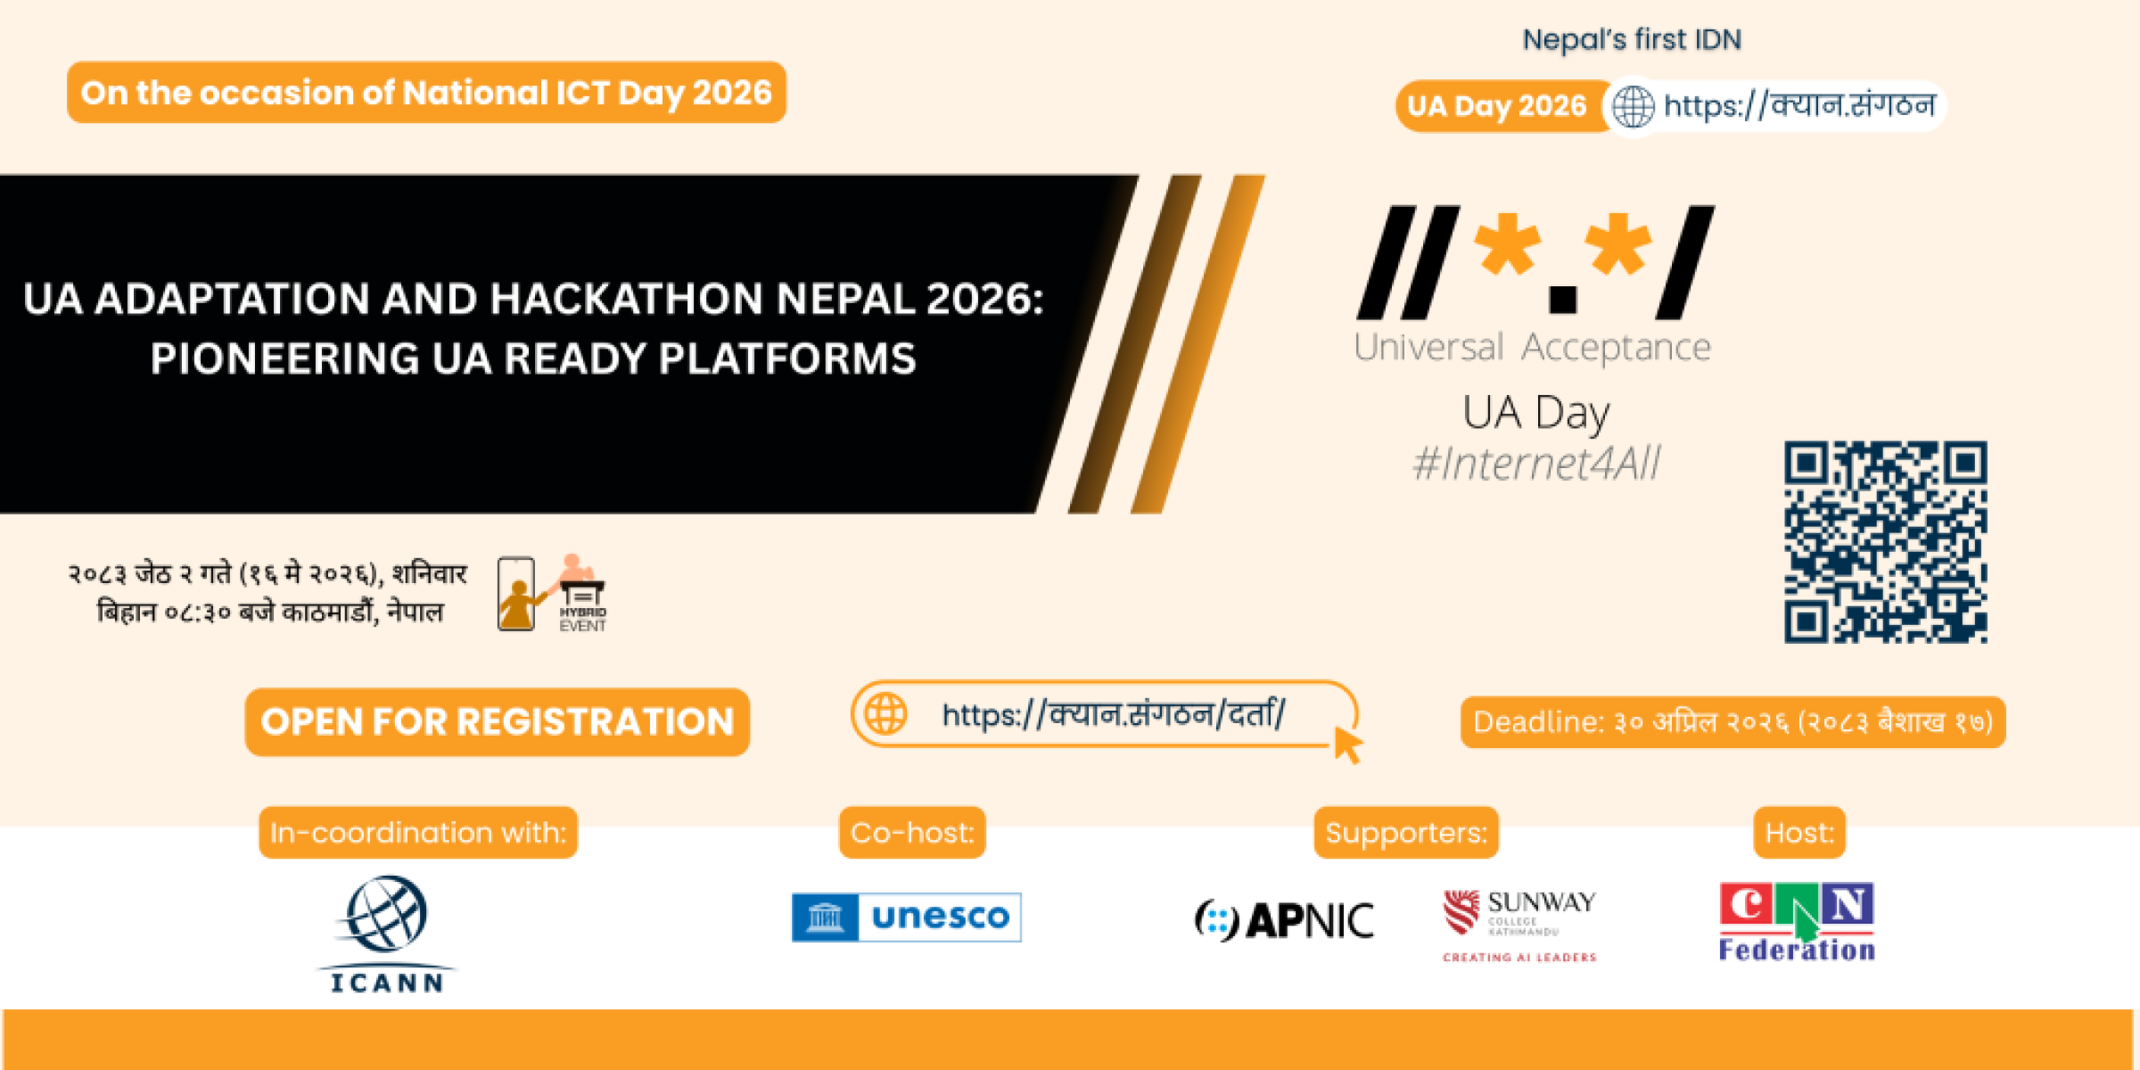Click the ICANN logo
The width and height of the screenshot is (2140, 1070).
click(386, 933)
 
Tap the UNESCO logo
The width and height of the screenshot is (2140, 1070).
click(906, 917)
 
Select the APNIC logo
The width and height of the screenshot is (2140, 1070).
click(1284, 920)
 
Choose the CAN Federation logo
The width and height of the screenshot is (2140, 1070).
click(1797, 922)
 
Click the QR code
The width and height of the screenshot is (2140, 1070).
click(1885, 541)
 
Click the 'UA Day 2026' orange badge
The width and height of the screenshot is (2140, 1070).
click(1498, 106)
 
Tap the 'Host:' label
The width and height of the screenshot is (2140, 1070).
click(1799, 833)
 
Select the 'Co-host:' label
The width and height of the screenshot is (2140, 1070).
click(912, 833)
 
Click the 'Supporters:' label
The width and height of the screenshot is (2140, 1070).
click(1406, 833)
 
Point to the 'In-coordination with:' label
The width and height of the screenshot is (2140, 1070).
click(418, 833)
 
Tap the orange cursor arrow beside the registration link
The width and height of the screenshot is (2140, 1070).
click(1346, 744)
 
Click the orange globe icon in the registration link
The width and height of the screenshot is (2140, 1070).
click(885, 714)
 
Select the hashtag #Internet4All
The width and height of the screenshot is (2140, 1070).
click(1536, 464)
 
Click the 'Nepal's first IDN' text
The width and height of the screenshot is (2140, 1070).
click(1631, 40)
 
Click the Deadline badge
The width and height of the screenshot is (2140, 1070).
click(1733, 722)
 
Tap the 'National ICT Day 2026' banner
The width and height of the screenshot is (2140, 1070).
click(426, 93)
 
